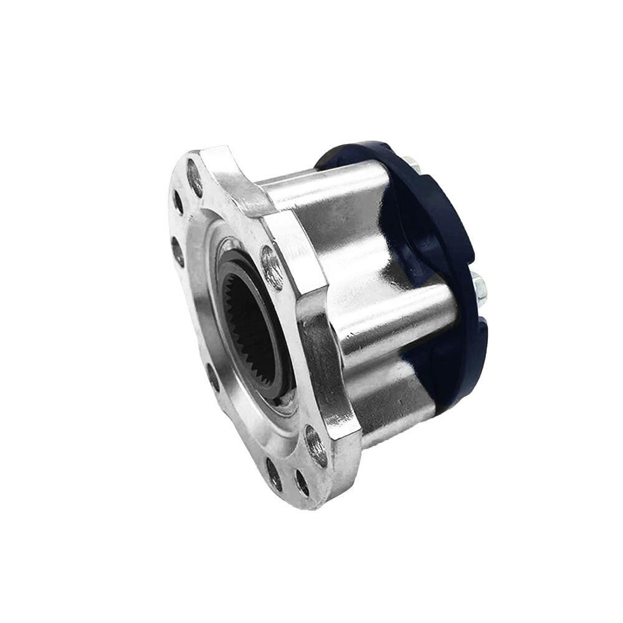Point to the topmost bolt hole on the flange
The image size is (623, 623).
click(195, 178)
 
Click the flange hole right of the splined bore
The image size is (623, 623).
click(272, 267)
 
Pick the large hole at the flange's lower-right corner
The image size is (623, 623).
click(316, 446)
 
